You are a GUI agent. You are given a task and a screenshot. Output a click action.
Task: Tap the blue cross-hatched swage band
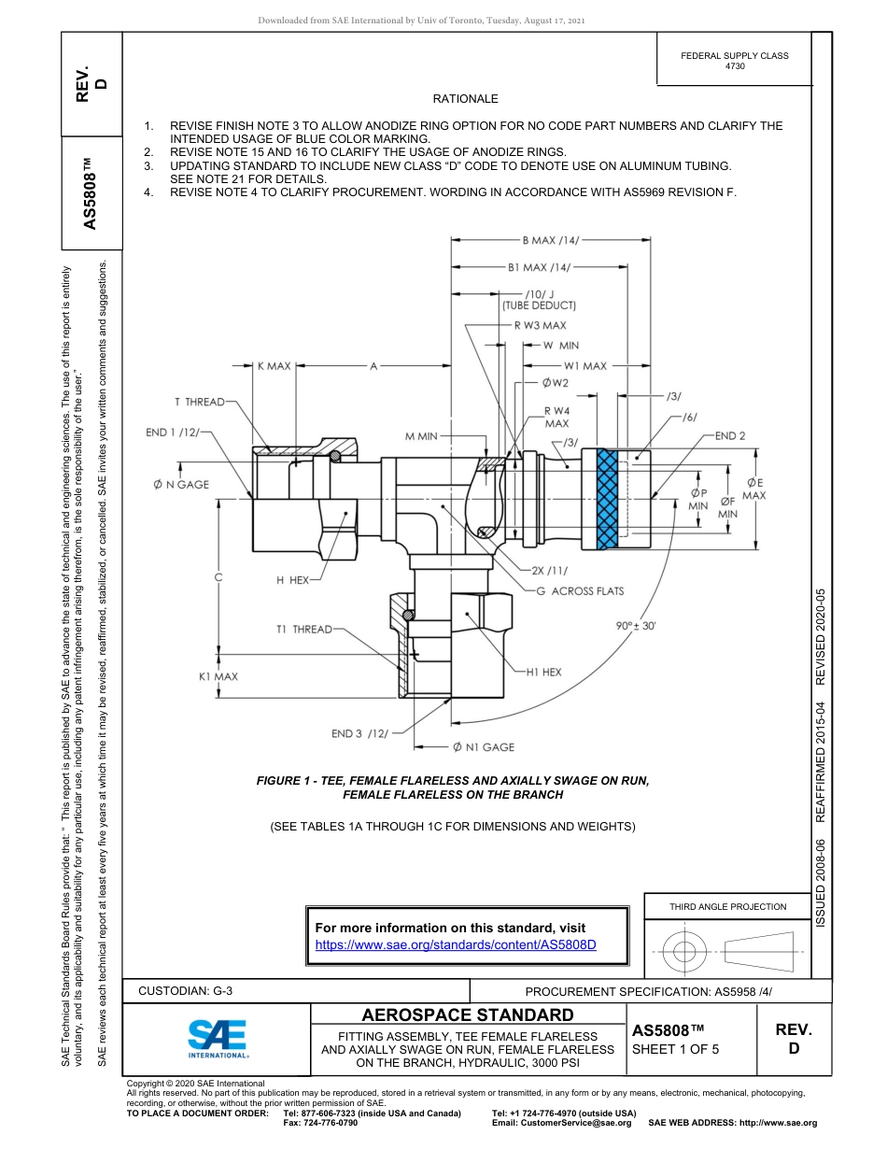[x=608, y=498]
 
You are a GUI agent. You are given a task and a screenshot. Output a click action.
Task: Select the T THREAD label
[x=199, y=403]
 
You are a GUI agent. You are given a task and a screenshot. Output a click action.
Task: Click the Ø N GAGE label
[x=181, y=485]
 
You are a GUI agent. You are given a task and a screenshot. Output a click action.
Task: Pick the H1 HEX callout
[x=544, y=672]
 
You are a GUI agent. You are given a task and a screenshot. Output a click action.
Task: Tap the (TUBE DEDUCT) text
[x=540, y=305]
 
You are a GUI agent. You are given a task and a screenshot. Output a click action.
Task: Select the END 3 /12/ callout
[x=359, y=733]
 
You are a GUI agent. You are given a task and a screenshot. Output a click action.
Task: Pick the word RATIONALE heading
[x=465, y=99]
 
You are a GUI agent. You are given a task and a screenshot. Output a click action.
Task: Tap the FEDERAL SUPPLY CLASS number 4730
[x=734, y=67]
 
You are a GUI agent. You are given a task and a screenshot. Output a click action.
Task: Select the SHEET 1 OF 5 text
[x=675, y=1049]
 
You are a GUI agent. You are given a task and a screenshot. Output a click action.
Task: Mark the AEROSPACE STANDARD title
[x=468, y=1015]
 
